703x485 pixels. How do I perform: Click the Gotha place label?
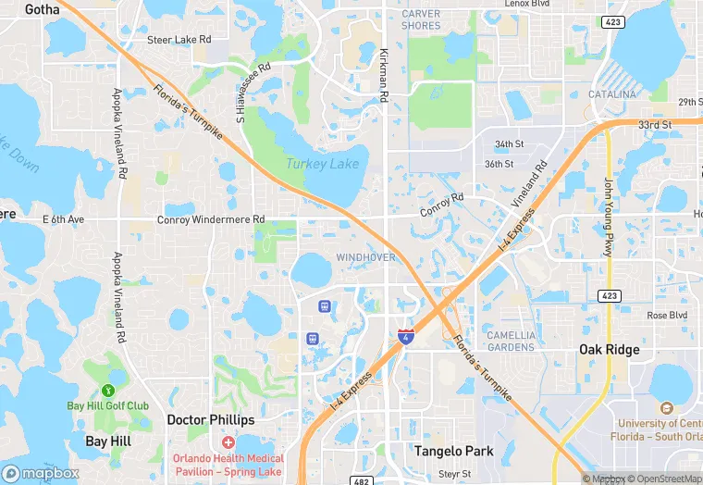43,9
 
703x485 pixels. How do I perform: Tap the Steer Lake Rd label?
179,40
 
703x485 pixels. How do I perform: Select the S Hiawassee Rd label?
253,93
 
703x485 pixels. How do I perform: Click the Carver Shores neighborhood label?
421,19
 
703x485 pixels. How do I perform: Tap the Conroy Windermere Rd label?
211,219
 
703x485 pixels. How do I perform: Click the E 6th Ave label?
63,219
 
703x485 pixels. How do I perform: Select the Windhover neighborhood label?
366,256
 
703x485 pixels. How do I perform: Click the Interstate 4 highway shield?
405,337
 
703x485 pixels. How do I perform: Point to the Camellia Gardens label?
511,341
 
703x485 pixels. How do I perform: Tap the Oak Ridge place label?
609,350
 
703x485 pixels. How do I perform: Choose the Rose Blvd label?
667,316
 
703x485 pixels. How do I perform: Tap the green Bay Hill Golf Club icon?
108,391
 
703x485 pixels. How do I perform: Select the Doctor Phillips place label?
210,420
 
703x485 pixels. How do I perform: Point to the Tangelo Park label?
453,452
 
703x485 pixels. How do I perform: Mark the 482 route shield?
363,480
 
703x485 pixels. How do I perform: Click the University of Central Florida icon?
666,408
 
